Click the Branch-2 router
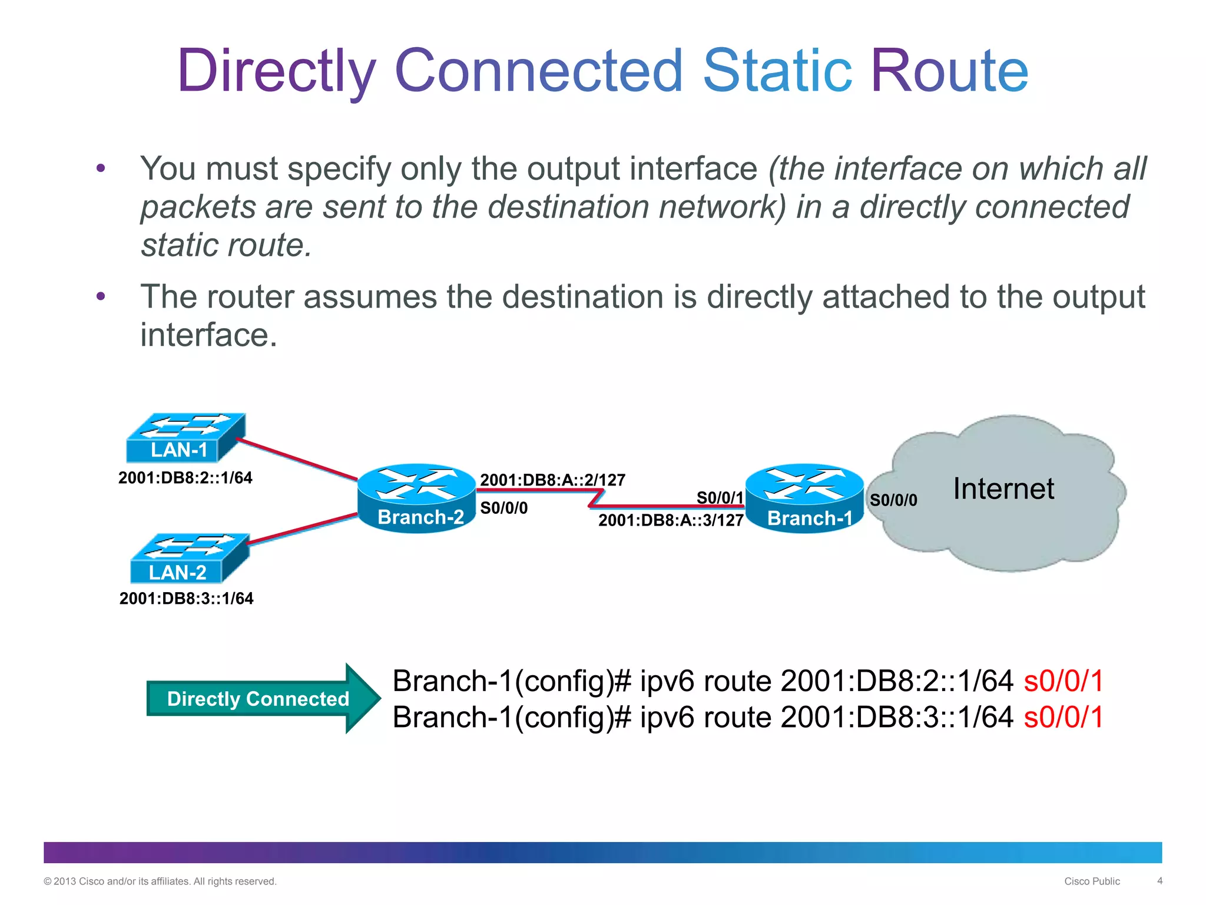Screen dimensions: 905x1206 [x=416, y=498]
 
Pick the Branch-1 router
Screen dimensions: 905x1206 [x=804, y=498]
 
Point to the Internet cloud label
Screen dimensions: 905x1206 [x=1003, y=489]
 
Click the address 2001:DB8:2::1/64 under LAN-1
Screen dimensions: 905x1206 [x=185, y=478]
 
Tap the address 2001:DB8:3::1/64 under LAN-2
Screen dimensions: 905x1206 [x=186, y=599]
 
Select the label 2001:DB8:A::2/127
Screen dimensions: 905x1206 [x=552, y=480]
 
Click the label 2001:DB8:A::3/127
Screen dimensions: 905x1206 [x=671, y=520]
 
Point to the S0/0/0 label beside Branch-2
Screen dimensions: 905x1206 [x=504, y=508]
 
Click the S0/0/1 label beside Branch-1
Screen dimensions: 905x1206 [x=720, y=498]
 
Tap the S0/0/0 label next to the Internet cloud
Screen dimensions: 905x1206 [x=893, y=500]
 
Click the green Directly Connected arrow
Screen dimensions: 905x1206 [x=259, y=699]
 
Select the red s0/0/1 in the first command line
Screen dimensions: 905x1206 [x=1063, y=681]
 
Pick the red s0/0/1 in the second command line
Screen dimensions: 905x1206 [x=1063, y=718]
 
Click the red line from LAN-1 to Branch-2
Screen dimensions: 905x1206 [x=297, y=459]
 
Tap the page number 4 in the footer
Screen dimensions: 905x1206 [x=1159, y=881]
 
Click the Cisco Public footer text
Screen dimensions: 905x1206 [x=1092, y=881]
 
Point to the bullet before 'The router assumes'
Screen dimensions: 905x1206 [x=101, y=296]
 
